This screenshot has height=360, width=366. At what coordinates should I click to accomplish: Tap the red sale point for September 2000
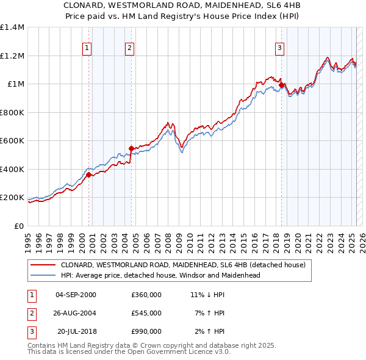pyautogui.click(x=88, y=175)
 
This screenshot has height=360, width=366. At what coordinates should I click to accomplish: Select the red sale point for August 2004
pyautogui.click(x=131, y=148)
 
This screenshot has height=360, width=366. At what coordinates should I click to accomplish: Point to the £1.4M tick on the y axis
pyautogui.click(x=12, y=27)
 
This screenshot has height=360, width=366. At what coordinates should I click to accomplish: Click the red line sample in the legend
pyautogui.click(x=43, y=265)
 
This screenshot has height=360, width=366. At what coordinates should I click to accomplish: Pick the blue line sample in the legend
pyautogui.click(x=43, y=275)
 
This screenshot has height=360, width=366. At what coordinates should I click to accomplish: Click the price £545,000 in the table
pyautogui.click(x=146, y=313)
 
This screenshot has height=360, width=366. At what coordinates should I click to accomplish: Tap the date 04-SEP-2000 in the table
pyautogui.click(x=76, y=295)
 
